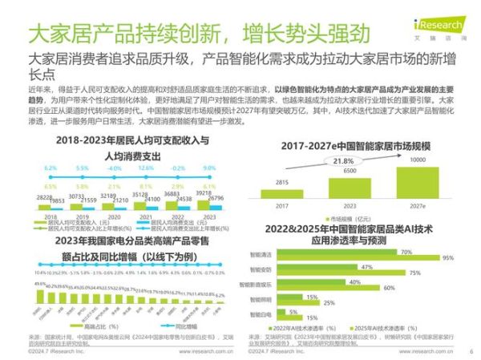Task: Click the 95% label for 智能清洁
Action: click(x=447, y=258)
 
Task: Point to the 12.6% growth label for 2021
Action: click(x=145, y=168)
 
